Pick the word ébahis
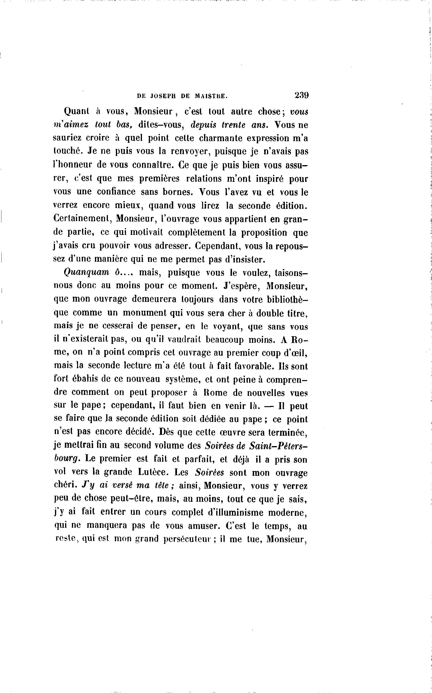83,379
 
